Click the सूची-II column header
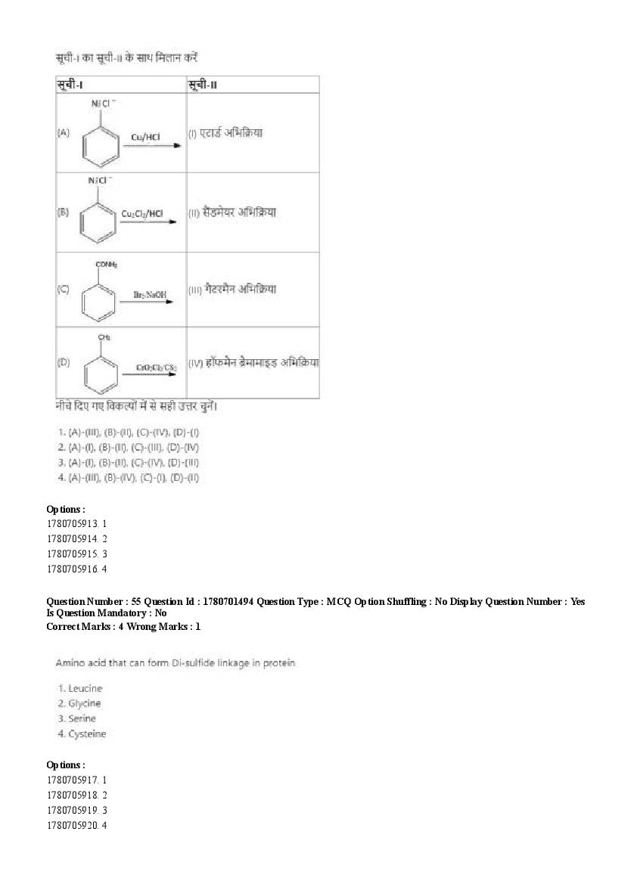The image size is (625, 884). point(203,85)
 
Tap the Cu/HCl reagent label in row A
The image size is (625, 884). point(145,137)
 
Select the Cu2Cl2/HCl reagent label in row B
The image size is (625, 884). point(142,214)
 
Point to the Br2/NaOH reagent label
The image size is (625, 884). point(150,293)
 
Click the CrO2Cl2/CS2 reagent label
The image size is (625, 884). point(157,368)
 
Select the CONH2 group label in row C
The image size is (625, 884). point(106,265)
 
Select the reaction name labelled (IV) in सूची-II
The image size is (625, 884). point(253,362)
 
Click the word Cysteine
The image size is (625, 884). point(87,734)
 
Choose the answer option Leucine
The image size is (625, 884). point(85,688)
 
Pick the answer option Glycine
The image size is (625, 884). point(84,703)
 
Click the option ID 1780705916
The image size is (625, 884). point(73,569)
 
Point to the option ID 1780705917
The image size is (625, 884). point(73,780)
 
